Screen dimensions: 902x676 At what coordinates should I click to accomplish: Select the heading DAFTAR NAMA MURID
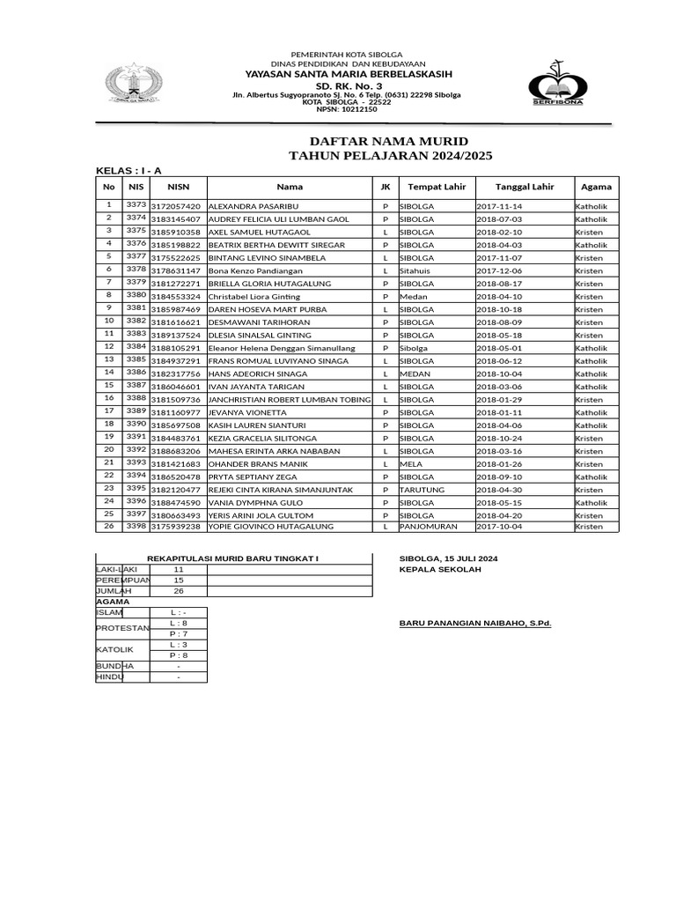[x=388, y=142]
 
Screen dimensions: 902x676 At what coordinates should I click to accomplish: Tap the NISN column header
[x=179, y=187]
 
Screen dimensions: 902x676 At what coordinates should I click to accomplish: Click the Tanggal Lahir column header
[x=524, y=187]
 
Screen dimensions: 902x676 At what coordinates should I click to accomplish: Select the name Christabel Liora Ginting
[x=253, y=297]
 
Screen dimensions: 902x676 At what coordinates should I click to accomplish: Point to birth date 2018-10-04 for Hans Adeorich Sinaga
[x=499, y=374]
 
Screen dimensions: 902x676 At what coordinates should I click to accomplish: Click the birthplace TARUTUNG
[x=422, y=490]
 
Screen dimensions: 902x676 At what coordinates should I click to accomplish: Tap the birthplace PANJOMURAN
[x=427, y=527]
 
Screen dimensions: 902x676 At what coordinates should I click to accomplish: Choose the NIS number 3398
[x=136, y=526]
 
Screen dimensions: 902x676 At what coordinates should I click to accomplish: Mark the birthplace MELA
[x=410, y=464]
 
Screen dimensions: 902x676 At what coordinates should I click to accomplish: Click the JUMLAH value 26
[x=179, y=591]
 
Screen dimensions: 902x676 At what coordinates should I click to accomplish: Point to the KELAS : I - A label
[x=129, y=170]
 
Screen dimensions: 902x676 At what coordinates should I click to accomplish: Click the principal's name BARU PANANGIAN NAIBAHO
[x=475, y=623]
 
